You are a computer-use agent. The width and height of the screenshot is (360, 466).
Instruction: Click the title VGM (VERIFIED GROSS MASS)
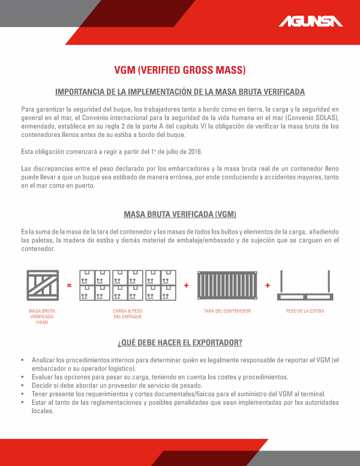coord(180,70)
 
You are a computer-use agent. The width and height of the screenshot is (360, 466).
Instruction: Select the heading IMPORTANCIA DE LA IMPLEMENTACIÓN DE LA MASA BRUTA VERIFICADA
coord(180,92)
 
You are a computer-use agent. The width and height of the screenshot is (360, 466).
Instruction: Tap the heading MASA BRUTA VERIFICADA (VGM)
coord(180,214)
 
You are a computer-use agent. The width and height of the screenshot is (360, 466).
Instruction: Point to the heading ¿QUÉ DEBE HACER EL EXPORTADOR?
coord(180,343)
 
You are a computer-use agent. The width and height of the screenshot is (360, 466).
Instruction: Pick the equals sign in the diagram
coord(69,285)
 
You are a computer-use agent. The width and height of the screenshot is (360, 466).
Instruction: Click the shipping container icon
coord(227,285)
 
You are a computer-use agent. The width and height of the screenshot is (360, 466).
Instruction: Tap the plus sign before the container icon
coord(186,285)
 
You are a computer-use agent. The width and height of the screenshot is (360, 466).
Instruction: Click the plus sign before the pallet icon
coord(268,285)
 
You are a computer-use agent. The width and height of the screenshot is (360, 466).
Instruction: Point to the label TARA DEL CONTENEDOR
coord(227,311)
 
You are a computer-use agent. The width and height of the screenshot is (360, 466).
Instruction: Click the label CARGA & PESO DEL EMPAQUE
coord(127,313)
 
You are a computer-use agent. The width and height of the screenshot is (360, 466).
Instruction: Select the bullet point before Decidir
coord(22,386)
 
